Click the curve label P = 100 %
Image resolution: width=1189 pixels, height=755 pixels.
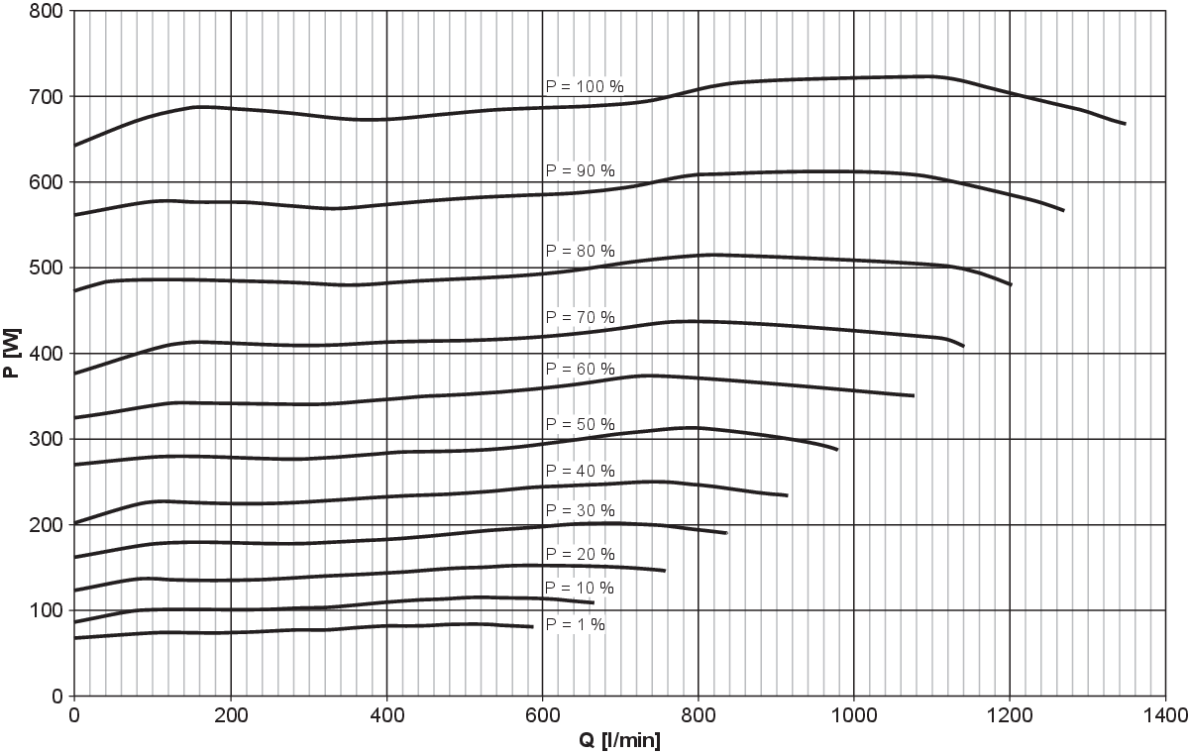(585, 87)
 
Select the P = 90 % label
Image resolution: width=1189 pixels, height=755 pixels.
(581, 171)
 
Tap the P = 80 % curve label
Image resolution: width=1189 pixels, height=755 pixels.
(581, 250)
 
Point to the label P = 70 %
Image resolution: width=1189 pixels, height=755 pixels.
(581, 317)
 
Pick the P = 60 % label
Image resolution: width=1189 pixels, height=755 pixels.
(581, 370)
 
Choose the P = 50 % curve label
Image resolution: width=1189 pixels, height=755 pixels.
(581, 424)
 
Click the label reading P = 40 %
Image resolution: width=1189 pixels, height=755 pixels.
(581, 470)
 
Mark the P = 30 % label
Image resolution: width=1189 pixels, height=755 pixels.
(581, 510)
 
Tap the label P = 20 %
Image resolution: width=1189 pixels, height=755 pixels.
(581, 554)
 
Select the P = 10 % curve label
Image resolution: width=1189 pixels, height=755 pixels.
(581, 589)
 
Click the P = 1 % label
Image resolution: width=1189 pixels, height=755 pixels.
(576, 624)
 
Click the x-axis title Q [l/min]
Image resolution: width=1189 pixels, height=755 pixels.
(618, 740)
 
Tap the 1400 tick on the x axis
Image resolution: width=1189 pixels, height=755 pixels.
(1164, 713)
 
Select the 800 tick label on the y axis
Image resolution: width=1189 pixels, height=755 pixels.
(49, 12)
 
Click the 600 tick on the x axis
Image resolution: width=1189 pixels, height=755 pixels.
(542, 713)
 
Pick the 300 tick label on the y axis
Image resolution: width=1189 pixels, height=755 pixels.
(49, 439)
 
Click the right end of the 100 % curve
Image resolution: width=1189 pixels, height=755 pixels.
(1125, 124)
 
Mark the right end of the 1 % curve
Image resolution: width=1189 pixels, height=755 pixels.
(533, 626)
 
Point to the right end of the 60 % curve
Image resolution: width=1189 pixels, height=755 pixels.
(914, 395)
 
